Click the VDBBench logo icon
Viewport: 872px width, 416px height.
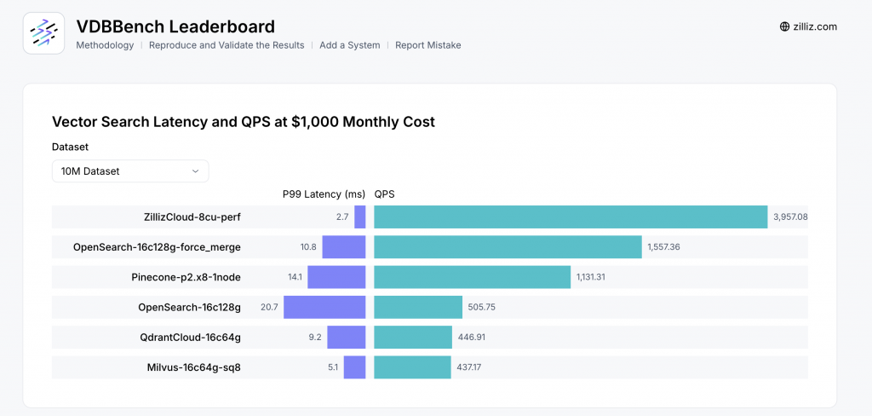[43, 33]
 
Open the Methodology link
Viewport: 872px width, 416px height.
[105, 45]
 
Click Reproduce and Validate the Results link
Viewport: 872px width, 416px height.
[227, 45]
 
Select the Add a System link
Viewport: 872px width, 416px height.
[349, 45]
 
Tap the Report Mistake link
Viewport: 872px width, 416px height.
[427, 45]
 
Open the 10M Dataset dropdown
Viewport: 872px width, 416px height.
[130, 171]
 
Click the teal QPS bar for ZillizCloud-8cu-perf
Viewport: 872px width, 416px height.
[571, 217]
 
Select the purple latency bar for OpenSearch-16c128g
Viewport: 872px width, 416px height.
[324, 307]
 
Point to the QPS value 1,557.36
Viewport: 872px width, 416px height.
[663, 247]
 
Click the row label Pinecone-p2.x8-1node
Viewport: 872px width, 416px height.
[186, 277]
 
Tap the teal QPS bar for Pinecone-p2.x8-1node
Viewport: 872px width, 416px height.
[472, 277]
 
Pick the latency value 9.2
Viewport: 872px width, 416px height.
[314, 338]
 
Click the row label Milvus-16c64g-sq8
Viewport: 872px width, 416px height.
[193, 367]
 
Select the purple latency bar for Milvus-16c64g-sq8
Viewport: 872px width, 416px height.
[354, 367]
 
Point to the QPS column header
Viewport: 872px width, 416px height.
[384, 194]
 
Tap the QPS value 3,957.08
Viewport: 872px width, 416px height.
[790, 217]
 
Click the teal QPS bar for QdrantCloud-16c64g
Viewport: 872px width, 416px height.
[413, 338]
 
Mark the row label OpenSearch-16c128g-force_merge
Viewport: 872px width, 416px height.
[157, 247]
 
